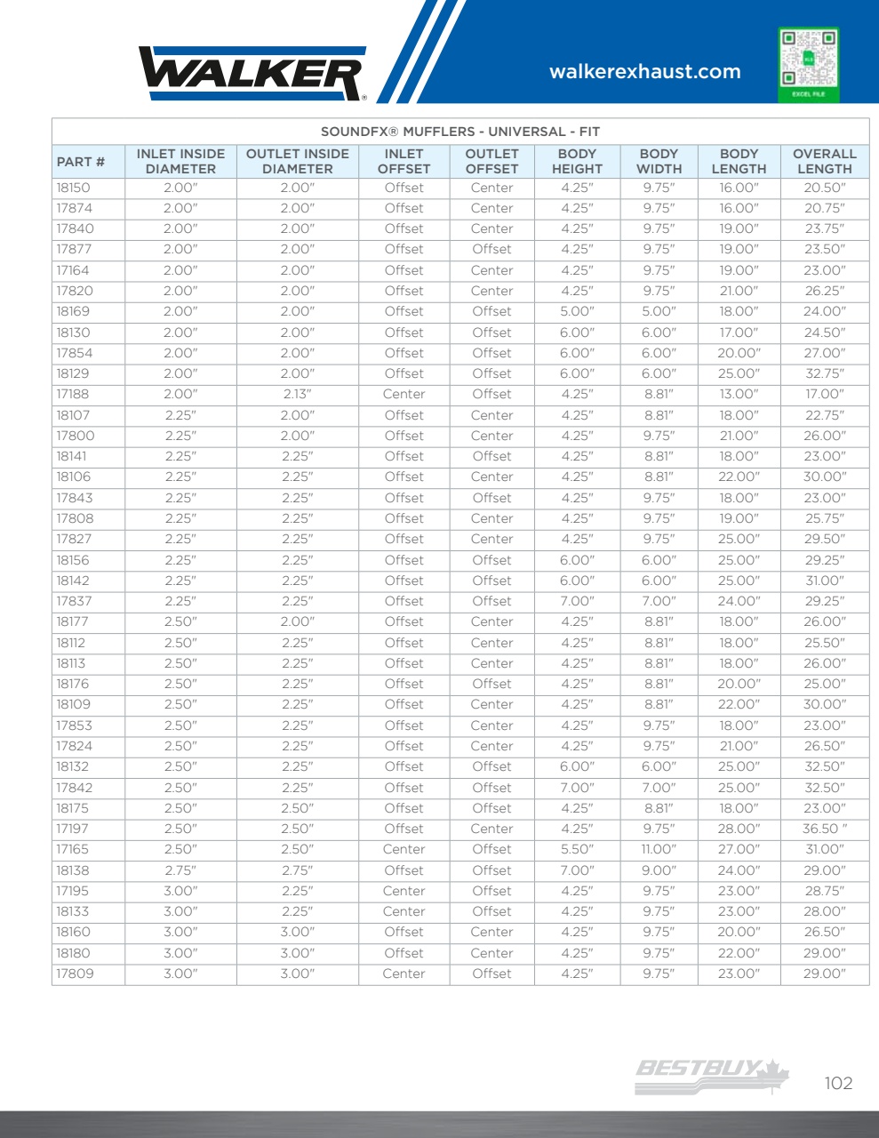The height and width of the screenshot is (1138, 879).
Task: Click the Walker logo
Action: [252, 73]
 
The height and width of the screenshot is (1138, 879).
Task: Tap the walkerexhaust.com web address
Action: [644, 72]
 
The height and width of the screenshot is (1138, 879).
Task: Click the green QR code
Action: [808, 63]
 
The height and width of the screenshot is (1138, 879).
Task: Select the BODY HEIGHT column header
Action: [577, 161]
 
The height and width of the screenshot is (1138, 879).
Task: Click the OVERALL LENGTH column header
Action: [824, 161]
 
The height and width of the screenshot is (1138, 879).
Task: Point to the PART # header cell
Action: [81, 162]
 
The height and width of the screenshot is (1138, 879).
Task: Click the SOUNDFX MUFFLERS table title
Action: [460, 132]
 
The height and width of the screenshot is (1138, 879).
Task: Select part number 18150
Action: [73, 188]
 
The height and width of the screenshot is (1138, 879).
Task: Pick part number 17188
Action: [73, 394]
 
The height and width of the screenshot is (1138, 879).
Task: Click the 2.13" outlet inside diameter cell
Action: [297, 394]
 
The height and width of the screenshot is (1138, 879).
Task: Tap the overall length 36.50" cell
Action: [824, 829]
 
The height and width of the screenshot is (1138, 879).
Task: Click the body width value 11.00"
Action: [659, 849]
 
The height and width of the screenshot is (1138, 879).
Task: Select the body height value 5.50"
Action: [577, 849]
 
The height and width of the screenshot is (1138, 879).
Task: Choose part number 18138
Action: [73, 870]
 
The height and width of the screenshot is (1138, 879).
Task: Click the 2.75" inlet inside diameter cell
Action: [180, 870]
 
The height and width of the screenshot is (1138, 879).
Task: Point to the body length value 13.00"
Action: [739, 394]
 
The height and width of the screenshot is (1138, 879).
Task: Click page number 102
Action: [838, 1083]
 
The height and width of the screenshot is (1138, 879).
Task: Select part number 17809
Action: [75, 974]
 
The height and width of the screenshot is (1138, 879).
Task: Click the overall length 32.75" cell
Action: [824, 373]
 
